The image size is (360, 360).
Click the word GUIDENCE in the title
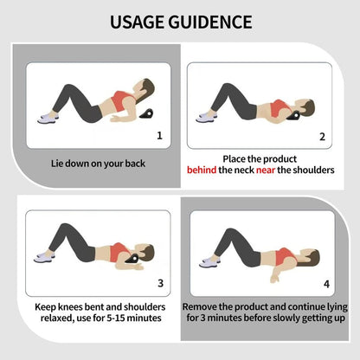click(x=210, y=22)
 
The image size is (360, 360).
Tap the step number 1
click(x=159, y=135)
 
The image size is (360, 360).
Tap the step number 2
click(x=323, y=137)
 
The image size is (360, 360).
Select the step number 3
click(x=161, y=283)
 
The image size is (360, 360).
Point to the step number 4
click(x=326, y=284)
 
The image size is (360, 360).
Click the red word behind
click(x=202, y=170)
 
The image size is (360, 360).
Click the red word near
click(x=266, y=170)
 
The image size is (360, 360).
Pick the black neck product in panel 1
click(x=146, y=113)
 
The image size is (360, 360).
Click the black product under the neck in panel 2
click(x=294, y=115)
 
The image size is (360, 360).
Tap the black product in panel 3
click(x=132, y=258)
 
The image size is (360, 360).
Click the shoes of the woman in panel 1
click(x=48, y=118)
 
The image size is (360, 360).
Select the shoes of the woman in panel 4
click(x=210, y=262)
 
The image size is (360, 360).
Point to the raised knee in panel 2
click(x=226, y=87)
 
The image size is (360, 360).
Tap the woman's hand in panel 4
click(x=275, y=279)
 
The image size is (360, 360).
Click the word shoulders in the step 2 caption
click(x=313, y=170)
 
